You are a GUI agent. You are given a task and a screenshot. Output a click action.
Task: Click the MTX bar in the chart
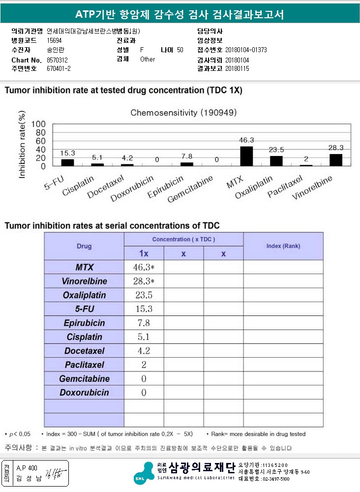[246, 156]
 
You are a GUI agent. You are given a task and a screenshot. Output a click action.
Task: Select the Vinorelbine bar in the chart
[336, 160]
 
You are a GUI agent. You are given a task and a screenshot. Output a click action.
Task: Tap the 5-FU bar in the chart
[67, 162]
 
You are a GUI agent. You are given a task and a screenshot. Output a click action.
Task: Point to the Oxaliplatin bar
[276, 161]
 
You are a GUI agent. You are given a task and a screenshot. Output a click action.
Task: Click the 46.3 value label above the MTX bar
[246, 140]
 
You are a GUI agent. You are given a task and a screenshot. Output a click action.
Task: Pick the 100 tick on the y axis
[38, 124]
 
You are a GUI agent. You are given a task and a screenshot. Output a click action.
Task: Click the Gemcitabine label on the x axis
[190, 189]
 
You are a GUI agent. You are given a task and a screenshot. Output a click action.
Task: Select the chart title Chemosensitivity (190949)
[183, 113]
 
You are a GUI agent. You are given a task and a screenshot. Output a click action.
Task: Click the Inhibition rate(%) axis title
[22, 144]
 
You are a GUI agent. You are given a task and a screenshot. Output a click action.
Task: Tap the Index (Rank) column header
[283, 246]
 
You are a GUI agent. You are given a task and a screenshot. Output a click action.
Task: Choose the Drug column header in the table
[84, 246]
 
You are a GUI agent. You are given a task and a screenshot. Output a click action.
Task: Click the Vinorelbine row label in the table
[85, 281]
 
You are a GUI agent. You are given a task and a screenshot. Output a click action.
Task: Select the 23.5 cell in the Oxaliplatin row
[144, 295]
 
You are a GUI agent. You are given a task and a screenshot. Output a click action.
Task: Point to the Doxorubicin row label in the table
[85, 392]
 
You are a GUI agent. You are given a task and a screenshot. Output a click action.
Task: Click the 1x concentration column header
[144, 253]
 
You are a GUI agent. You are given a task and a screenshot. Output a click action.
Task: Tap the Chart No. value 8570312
[57, 60]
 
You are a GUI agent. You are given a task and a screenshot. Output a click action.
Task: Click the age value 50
[180, 50]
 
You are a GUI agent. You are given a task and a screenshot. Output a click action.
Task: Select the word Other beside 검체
[148, 59]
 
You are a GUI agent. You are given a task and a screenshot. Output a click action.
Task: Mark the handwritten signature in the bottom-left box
[56, 474]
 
